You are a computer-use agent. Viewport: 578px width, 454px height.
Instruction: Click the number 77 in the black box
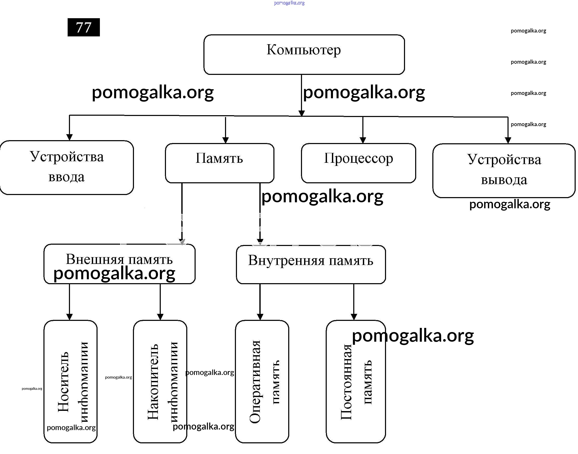pos(84,27)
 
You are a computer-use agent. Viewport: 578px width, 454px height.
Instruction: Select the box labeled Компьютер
pos(304,55)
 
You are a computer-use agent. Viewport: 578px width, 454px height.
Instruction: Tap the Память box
pos(219,163)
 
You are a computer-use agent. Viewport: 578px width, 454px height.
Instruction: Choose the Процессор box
pos(358,163)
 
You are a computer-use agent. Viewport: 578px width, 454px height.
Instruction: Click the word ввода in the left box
pos(67,177)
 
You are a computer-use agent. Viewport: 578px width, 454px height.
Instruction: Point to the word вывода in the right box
pos(504,180)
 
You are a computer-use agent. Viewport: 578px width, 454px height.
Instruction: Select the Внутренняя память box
pos(311,264)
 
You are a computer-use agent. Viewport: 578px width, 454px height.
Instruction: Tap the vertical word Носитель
pos(63,382)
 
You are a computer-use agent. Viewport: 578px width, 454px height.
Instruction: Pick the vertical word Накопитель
pos(153,382)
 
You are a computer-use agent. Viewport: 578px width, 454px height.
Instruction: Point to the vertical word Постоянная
pos(346,382)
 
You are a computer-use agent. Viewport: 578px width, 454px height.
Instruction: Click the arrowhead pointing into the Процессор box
pos(363,140)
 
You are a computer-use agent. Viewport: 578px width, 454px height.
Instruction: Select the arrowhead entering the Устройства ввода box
pos(69,137)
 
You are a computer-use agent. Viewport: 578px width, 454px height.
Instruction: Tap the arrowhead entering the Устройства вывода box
pos(508,140)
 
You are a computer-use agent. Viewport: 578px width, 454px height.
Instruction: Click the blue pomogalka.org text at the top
pos(289,3)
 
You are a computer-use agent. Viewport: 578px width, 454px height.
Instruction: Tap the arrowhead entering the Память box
pos(226,140)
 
